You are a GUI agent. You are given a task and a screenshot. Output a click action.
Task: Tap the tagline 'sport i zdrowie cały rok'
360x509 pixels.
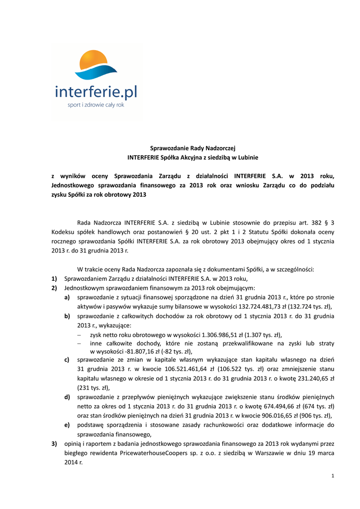(96, 105)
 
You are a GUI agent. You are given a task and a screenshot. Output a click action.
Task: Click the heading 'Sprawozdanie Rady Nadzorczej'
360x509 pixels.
(193, 148)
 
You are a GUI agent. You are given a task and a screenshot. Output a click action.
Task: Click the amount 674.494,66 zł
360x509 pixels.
(267, 406)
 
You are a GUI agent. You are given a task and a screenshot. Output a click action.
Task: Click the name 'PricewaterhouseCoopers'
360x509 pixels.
(159, 453)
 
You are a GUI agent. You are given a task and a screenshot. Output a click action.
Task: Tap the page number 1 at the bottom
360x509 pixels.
(332, 477)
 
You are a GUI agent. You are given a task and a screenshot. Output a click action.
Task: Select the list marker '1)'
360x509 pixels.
(54, 278)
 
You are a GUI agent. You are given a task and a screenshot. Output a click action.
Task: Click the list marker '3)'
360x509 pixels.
(54, 443)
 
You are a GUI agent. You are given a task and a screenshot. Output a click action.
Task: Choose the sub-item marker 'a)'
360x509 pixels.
(67, 297)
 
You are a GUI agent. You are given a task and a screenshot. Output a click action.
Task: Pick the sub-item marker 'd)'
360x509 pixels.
(67, 397)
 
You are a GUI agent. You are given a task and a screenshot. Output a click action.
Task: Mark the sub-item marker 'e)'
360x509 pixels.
(67, 425)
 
